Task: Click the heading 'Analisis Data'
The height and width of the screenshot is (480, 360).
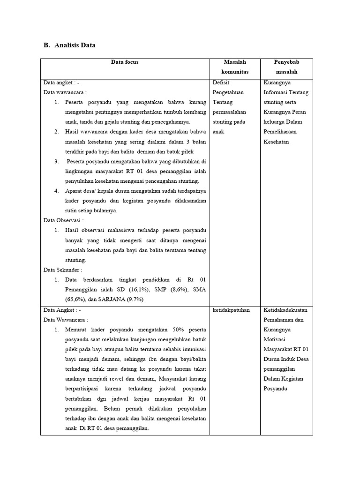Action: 75,45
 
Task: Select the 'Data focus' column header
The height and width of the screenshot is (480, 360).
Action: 125,62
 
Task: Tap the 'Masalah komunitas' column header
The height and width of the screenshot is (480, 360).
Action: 235,67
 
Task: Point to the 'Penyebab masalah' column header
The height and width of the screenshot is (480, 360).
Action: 286,67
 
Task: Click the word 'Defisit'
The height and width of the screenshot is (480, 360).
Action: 221,82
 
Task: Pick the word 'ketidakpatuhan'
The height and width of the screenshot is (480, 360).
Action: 231,310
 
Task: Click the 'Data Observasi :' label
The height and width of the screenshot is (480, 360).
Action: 64,220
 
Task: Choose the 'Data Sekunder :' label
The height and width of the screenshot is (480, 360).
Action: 63,270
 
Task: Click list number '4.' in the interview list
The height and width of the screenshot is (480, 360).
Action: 56,191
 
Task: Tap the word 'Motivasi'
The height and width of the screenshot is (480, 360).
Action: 275,339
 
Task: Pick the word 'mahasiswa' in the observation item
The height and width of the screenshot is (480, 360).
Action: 135,230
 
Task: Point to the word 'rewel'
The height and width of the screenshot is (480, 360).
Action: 105,379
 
